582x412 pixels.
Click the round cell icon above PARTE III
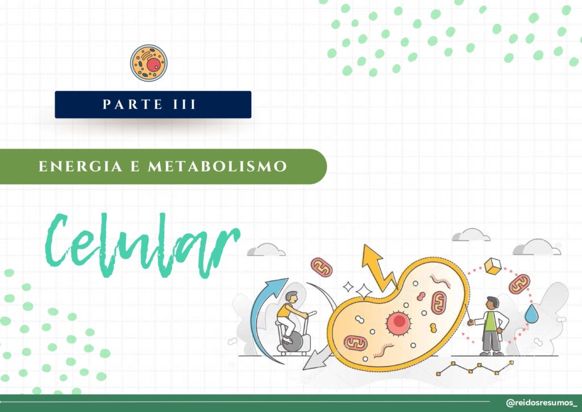148,63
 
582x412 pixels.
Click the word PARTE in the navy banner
132,104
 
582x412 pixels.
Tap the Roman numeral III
185,104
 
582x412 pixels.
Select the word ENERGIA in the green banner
80,166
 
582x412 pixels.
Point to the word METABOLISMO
218,166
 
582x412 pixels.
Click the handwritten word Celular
143,245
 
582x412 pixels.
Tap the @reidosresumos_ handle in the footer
541,403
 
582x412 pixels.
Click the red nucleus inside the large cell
398,322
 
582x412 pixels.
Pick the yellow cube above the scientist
493,266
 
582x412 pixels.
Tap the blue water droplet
531,314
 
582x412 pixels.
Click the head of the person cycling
292,297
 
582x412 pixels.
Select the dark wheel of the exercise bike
292,341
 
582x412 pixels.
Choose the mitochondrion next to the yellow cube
519,284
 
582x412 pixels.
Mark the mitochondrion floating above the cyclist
322,267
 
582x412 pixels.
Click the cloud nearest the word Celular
266,250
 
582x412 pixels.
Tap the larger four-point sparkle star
364,291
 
